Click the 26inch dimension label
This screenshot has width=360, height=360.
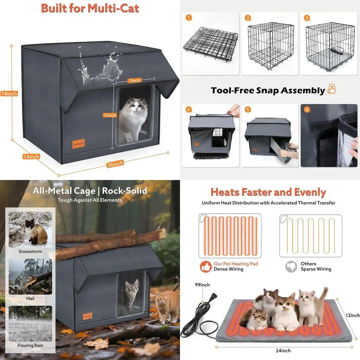[115, 163]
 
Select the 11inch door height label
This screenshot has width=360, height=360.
[109, 115]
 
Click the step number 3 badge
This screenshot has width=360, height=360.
[307, 18]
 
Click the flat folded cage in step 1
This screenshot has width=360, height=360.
[211, 45]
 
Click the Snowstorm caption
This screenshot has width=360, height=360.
[30, 252]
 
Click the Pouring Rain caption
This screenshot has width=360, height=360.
[30, 346]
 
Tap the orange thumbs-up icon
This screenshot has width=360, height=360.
[206, 266]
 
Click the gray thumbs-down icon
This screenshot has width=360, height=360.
[291, 266]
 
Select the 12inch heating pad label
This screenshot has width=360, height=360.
[352, 315]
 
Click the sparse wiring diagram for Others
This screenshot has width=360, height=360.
[311, 235]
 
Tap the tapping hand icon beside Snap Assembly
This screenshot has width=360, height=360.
[332, 90]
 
